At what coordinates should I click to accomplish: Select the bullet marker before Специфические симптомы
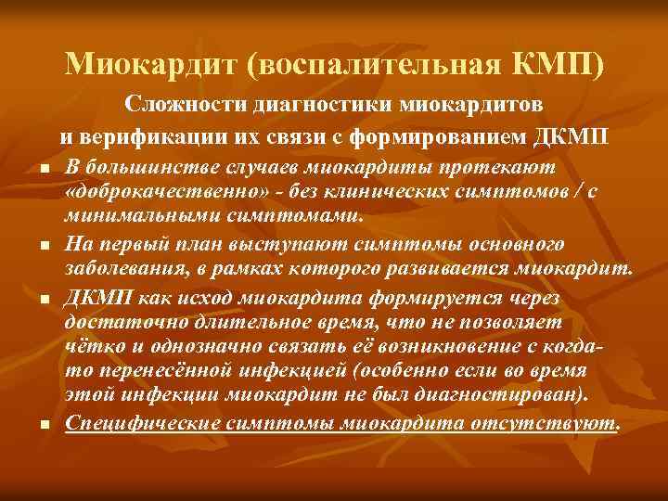[x=44, y=424]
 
